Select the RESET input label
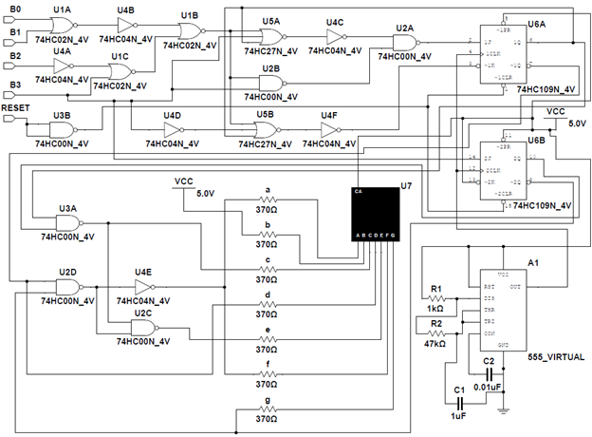tap(18, 110)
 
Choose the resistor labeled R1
tap(437, 297)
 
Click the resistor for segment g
tap(268, 409)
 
